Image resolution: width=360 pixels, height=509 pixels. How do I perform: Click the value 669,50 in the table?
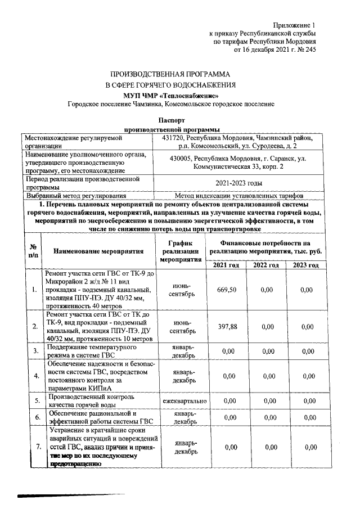229,290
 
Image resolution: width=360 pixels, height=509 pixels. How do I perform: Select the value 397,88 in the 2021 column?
229,327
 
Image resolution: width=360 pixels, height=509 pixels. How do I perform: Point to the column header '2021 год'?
229,265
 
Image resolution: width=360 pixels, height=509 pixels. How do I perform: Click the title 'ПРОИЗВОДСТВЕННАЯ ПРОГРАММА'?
171,74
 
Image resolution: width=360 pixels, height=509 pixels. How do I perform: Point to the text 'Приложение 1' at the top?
295,25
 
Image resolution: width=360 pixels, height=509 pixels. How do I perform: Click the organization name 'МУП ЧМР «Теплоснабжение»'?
171,95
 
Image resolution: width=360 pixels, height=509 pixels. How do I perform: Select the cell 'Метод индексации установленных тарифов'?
242,196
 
